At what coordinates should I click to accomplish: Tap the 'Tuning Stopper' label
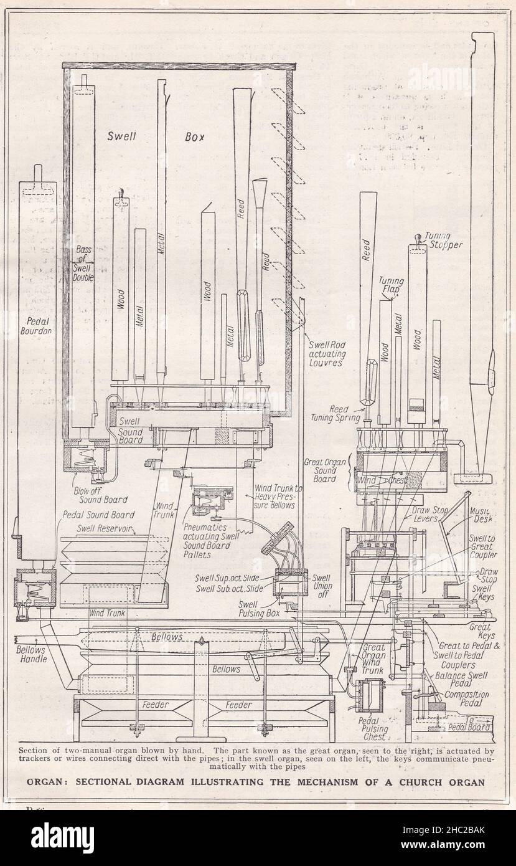click(444, 240)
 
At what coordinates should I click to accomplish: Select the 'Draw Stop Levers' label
click(417, 514)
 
